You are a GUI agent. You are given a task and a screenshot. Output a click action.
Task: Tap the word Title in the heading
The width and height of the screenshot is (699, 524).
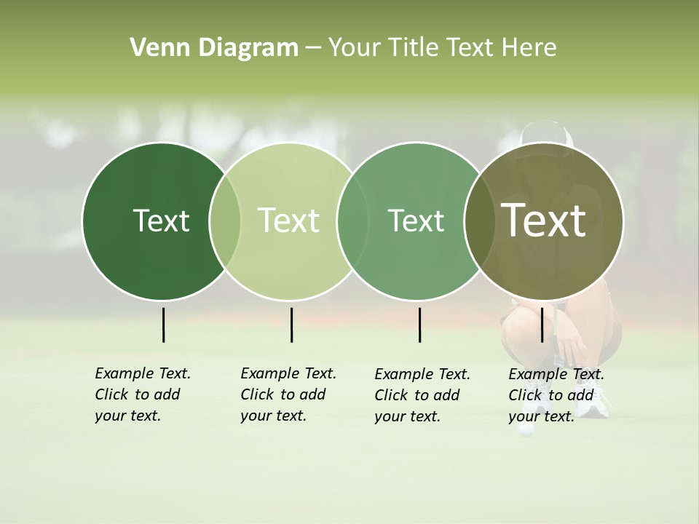pos(414,48)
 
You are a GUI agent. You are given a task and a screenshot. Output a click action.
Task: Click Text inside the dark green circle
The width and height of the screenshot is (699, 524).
pos(161,221)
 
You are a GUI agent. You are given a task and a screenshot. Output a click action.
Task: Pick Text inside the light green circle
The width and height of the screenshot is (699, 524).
pos(289,221)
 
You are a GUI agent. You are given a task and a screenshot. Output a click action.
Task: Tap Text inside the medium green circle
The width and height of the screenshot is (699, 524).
pos(416,221)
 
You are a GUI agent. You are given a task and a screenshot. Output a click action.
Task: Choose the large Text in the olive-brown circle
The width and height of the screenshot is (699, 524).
pos(544,221)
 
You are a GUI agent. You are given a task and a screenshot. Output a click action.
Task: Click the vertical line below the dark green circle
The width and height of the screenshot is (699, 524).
pos(163,325)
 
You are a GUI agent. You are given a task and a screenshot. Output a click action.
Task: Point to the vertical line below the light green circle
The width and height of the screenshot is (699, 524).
pos(291,325)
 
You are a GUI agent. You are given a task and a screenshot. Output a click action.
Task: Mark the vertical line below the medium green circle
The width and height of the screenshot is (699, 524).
pos(419,325)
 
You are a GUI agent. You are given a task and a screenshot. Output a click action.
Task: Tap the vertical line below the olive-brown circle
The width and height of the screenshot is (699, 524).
pos(542,325)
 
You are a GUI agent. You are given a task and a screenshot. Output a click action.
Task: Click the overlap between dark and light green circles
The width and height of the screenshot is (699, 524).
pos(225,221)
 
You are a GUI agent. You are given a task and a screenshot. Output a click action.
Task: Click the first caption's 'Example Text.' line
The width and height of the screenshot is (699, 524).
pos(143,373)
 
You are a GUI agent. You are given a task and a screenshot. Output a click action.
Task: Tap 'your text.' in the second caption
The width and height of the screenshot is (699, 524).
pos(273,416)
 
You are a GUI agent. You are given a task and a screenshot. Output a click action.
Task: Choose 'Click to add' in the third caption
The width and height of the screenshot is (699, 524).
pos(416,395)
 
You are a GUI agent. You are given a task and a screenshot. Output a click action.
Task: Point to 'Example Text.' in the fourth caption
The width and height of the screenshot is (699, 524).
pos(556,374)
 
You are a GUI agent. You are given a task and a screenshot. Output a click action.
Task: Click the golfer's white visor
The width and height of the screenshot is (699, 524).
pos(545,134)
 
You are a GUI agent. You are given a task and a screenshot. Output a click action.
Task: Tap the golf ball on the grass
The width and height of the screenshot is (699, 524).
pos(523,430)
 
